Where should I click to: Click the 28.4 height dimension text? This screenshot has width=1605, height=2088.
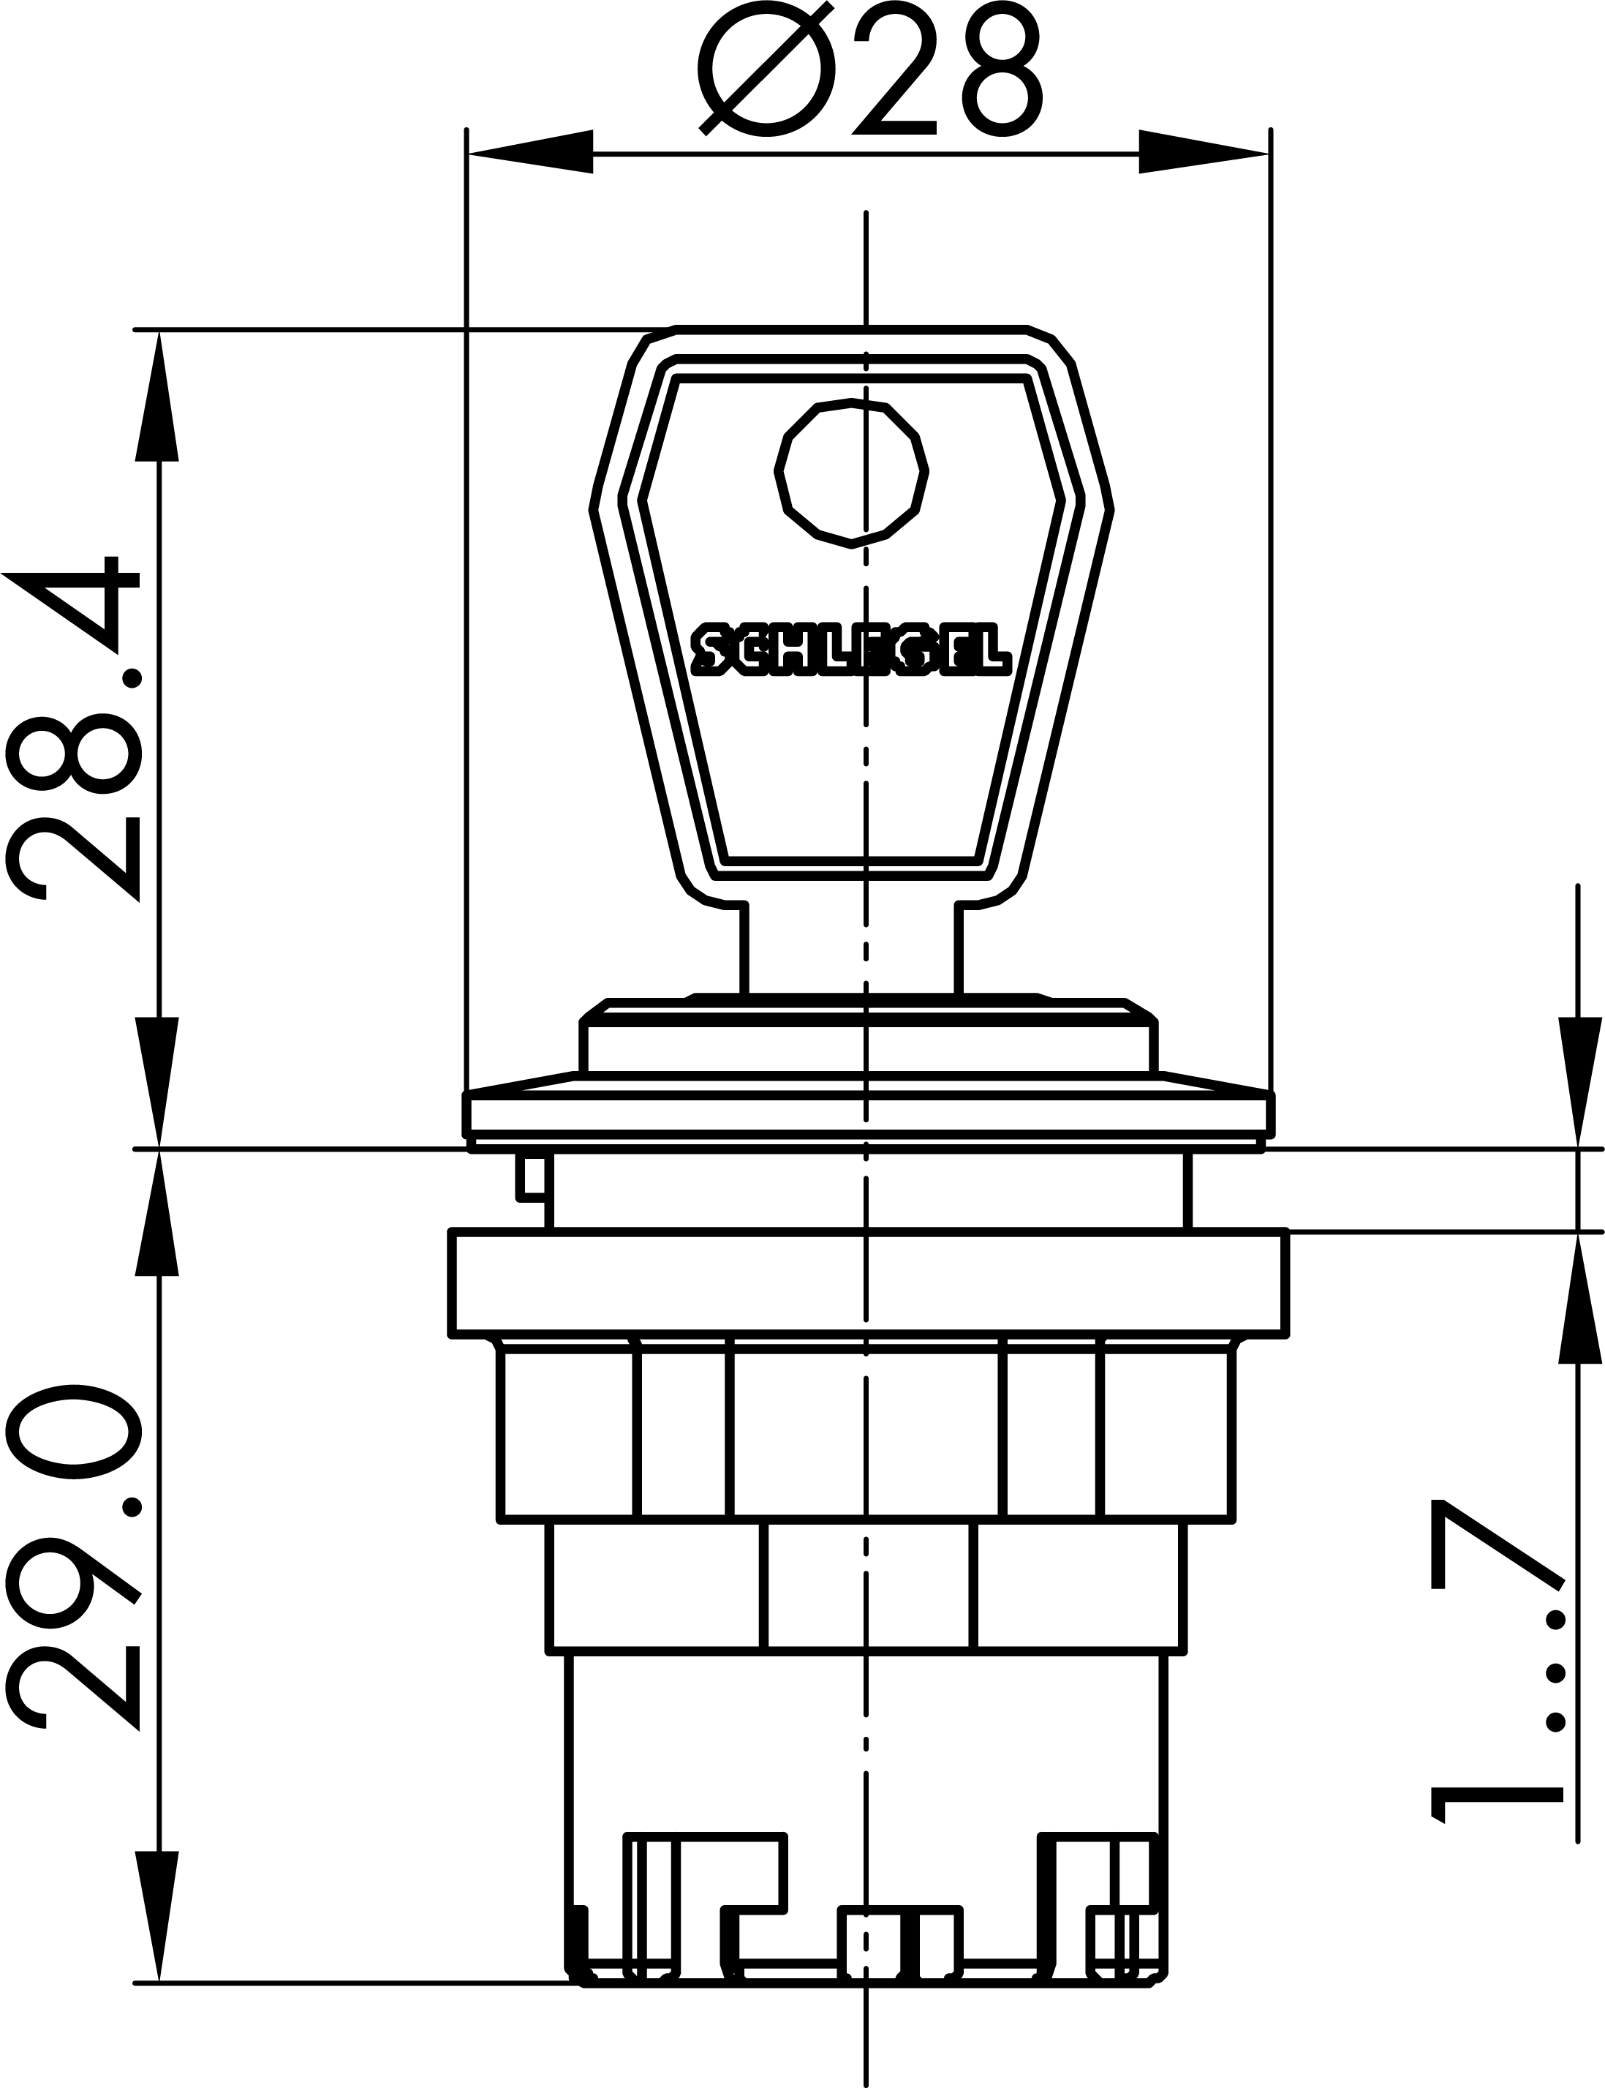75,728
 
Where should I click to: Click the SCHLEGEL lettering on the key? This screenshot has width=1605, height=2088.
851,649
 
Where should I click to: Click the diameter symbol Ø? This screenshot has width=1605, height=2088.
767,69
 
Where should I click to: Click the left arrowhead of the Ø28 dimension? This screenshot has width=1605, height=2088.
529,152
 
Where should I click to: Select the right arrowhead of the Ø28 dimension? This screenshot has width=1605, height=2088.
1204,152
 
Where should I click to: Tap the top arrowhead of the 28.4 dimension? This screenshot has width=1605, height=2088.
158,396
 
